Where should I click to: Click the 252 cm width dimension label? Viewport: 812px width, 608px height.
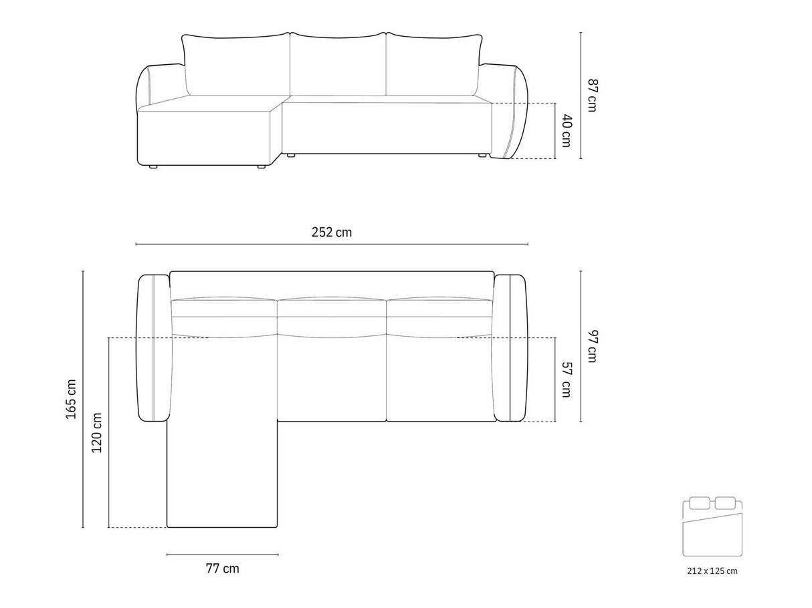[332, 233]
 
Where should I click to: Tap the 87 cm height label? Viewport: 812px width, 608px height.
[592, 96]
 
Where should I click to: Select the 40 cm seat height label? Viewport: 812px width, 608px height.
[567, 131]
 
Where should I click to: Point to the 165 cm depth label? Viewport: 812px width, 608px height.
[71, 399]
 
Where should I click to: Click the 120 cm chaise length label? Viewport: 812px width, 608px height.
[96, 432]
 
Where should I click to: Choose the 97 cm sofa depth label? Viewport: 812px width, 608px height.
[592, 346]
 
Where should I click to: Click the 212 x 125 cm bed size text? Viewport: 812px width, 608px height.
[712, 571]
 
